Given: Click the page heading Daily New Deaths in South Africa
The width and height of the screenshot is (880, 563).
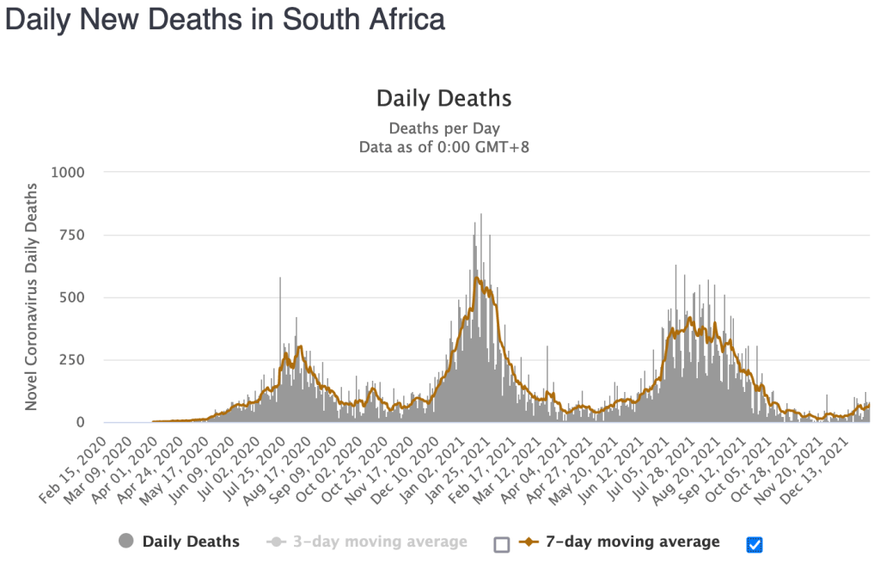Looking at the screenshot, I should [225, 20].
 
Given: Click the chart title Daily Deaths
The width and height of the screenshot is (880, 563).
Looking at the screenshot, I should [443, 98].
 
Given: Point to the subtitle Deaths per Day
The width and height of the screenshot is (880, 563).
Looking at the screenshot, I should [443, 129].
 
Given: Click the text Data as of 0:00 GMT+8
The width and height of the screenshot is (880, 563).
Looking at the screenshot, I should [443, 147].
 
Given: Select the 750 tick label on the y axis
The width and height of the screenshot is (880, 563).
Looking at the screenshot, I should [71, 235].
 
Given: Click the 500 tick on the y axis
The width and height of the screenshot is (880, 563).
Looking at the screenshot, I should [71, 297].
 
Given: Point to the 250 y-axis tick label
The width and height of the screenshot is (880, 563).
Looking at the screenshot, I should [71, 360].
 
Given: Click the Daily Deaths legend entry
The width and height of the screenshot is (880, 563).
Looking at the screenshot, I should [191, 542].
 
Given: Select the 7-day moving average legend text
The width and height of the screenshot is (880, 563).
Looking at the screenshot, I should [632, 542].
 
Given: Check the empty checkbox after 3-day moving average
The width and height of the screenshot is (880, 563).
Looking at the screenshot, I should [502, 543].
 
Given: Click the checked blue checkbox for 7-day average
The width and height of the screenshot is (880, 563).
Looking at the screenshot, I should [755, 543].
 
